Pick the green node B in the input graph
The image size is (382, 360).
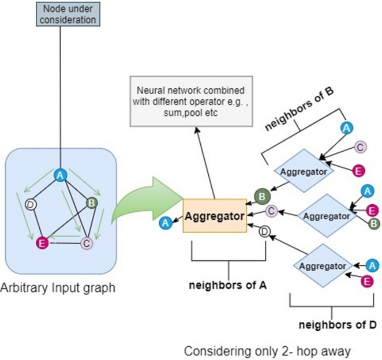(x=91, y=203)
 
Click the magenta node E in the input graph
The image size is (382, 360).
(x=42, y=243)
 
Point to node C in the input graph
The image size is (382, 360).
(x=86, y=243)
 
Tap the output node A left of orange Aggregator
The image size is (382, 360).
(x=166, y=222)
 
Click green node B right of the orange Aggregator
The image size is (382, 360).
(x=261, y=197)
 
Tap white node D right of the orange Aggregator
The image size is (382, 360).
(x=264, y=232)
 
